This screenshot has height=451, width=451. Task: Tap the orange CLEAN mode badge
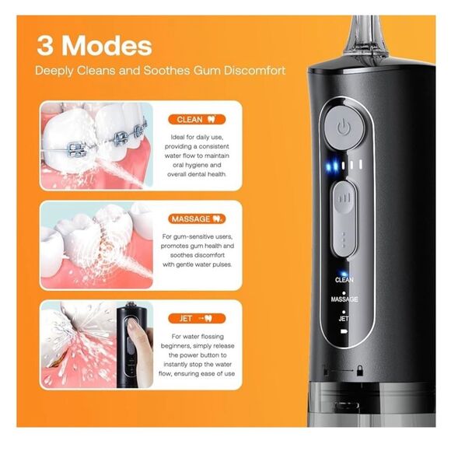195,120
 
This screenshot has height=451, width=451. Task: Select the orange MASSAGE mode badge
195,220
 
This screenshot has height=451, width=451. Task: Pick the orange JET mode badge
195,318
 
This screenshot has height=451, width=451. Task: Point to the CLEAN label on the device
344,279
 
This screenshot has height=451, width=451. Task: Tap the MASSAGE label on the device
344,299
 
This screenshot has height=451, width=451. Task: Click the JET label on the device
344,319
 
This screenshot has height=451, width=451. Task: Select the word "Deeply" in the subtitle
57,71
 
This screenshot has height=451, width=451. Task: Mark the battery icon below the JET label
344,331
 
